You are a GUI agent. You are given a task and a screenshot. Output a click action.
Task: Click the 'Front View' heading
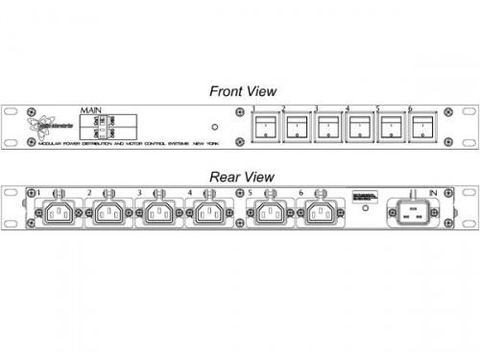(x=243, y=91)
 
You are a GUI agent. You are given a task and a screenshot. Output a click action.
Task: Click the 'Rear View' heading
(x=242, y=177)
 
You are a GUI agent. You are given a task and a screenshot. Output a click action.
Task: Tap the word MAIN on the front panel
(x=93, y=111)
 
